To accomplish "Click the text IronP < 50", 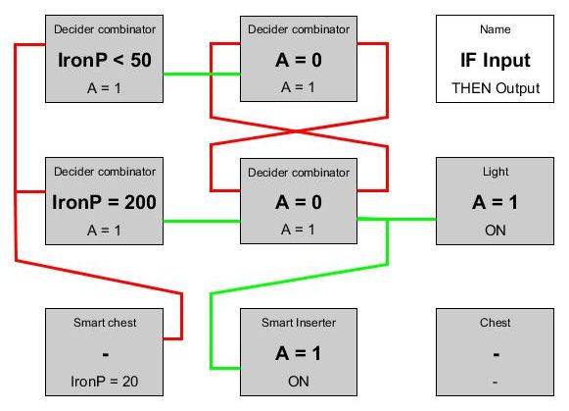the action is tap(105, 60).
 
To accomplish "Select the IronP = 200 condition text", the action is tap(104, 202).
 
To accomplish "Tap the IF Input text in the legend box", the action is tap(496, 60).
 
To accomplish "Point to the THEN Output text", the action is tap(496, 88).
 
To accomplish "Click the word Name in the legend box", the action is tap(496, 29).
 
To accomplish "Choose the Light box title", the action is tap(496, 172).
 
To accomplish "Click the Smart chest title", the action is tap(105, 323).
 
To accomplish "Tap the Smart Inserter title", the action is tap(299, 323).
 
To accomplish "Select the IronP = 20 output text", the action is tap(105, 382).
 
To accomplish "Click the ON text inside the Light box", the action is tap(496, 231).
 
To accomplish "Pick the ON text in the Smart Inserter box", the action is tap(299, 382).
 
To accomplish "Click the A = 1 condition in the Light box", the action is tap(495, 202).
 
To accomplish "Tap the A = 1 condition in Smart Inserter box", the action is tap(299, 353).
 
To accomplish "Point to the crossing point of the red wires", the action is tap(299, 131).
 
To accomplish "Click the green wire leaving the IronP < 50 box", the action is tap(202, 75).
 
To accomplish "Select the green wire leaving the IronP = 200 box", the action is tap(202, 221).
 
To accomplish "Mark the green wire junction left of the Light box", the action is tap(388, 220).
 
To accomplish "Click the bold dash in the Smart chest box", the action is tap(106, 354).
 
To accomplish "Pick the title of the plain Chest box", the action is tap(496, 323).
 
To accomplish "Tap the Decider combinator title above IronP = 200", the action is tap(105, 172).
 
